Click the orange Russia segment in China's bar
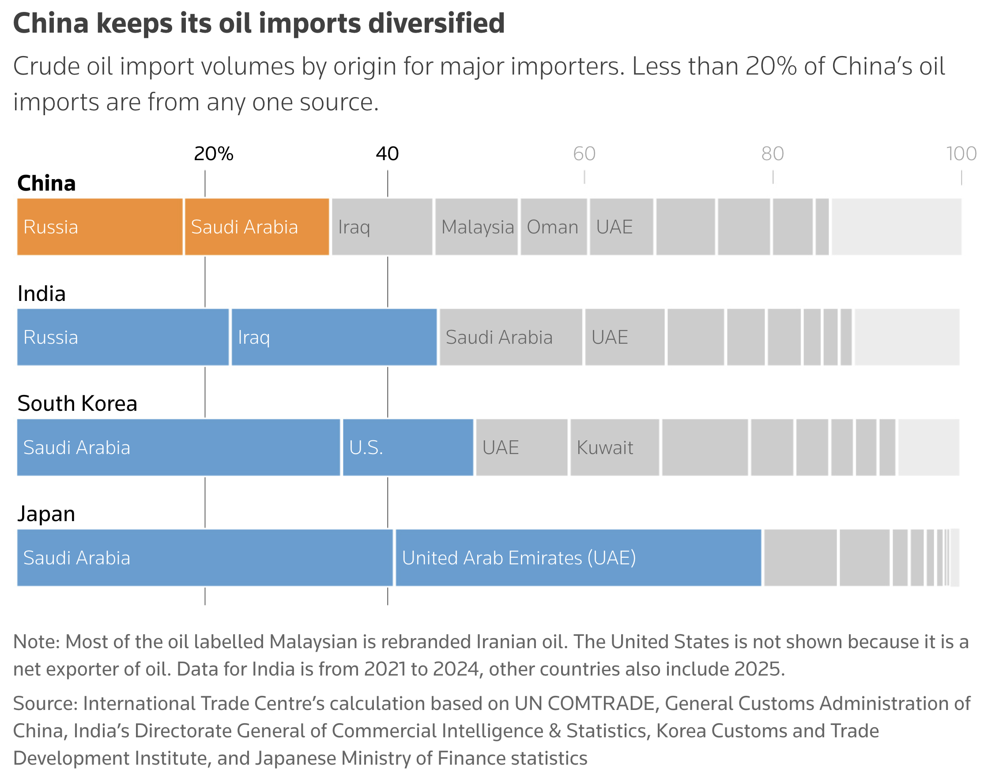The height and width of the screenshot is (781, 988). pos(100,227)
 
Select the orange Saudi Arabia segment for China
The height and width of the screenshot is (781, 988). pos(256,227)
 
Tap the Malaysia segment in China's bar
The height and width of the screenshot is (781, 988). pos(476,227)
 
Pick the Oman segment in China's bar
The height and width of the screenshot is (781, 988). pos(554,227)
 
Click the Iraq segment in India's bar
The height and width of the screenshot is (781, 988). pos(334,337)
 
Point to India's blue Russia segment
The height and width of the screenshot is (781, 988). pos(123,337)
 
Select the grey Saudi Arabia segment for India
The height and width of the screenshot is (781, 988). pos(510,337)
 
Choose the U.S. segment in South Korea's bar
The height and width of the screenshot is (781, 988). pos(408,447)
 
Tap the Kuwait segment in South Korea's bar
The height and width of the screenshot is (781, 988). pos(614,447)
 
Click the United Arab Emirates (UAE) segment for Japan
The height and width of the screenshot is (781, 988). pos(578,557)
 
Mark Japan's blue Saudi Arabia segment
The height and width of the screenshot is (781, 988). pos(205,557)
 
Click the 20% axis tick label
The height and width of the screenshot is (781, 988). pos(214,154)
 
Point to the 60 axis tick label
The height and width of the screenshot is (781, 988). pos(584,154)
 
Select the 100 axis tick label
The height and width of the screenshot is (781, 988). pos(961,154)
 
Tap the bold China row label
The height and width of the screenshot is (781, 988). pos(46,184)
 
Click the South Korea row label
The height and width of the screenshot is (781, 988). pos(77,403)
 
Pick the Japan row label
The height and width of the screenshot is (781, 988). pos(46,514)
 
